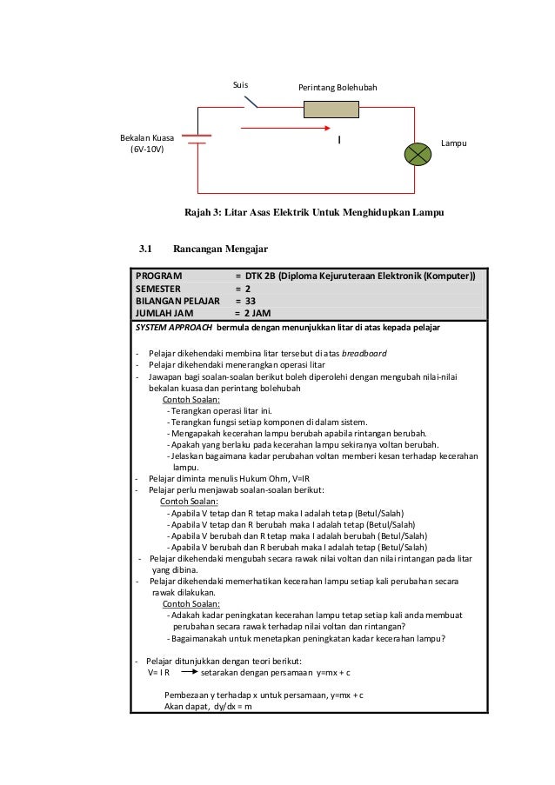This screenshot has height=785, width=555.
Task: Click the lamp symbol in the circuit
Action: coord(418,153)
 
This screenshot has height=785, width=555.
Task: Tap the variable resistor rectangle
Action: coord(335,109)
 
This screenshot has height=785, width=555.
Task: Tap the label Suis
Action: coord(240,85)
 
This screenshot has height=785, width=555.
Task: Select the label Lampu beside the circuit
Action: coord(454,141)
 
